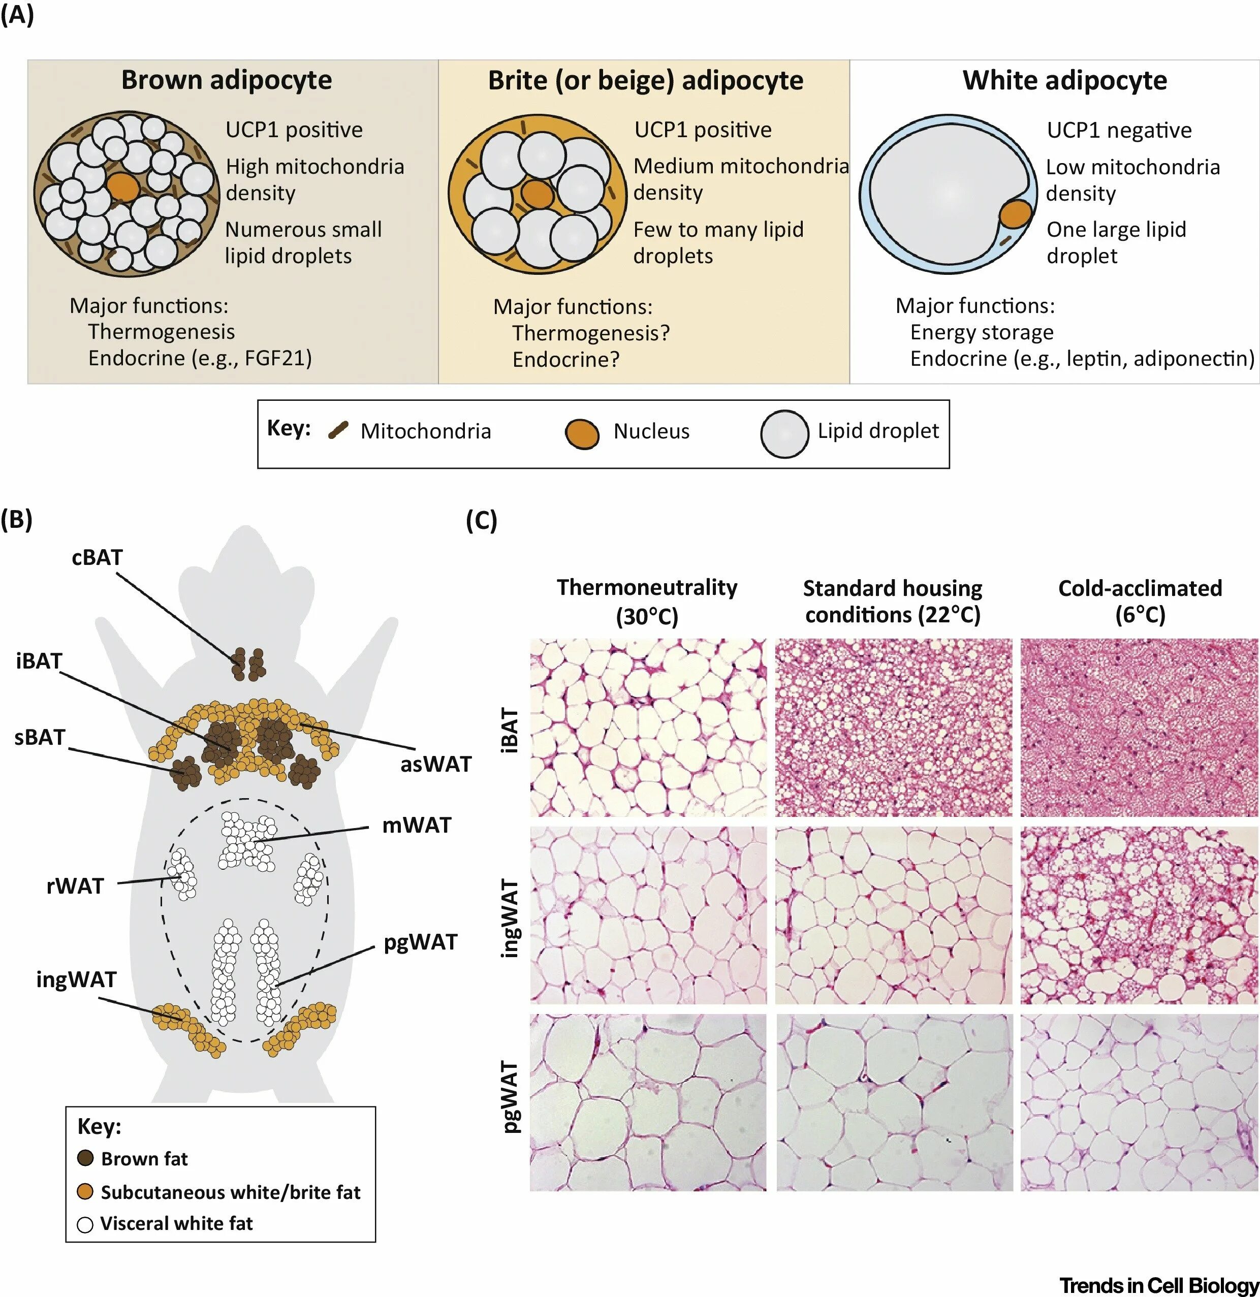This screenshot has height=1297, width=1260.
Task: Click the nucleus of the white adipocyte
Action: pyautogui.click(x=1015, y=214)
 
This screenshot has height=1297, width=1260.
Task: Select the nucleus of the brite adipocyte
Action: pyautogui.click(x=536, y=195)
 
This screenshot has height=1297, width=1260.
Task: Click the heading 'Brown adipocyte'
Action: pyautogui.click(x=226, y=80)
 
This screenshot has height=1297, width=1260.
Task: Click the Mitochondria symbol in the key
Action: pyautogui.click(x=339, y=431)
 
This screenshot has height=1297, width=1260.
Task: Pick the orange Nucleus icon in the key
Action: pyautogui.click(x=582, y=434)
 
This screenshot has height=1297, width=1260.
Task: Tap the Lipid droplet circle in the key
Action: pyautogui.click(x=784, y=434)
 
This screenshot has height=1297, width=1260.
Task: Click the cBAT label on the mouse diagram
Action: pyautogui.click(x=97, y=557)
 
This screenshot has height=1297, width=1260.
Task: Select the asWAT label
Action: pyautogui.click(x=435, y=764)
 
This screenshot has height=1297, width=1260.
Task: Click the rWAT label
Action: pyautogui.click(x=75, y=885)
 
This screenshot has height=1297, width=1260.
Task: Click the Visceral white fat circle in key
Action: pyautogui.click(x=85, y=1224)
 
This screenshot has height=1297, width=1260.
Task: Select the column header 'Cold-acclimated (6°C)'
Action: pyautogui.click(x=1140, y=601)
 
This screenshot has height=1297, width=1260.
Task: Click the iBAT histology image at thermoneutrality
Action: pyautogui.click(x=648, y=726)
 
